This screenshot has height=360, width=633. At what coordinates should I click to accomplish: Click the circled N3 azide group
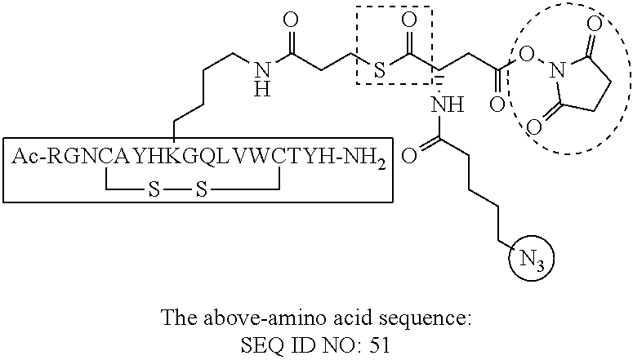pos(532,261)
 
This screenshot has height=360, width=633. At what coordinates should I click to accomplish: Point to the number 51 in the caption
pos(379,345)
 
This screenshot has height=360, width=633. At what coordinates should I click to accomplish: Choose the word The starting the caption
pos(177,317)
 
